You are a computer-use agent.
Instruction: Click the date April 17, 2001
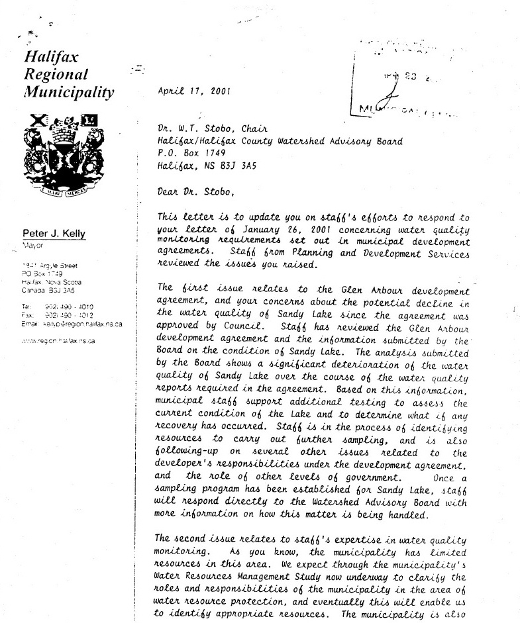pyautogui.click(x=193, y=92)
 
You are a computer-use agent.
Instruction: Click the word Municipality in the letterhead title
pyautogui.click(x=69, y=92)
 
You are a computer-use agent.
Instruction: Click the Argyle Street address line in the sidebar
pyautogui.click(x=49, y=265)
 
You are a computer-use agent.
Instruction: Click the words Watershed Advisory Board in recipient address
pyautogui.click(x=338, y=141)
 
